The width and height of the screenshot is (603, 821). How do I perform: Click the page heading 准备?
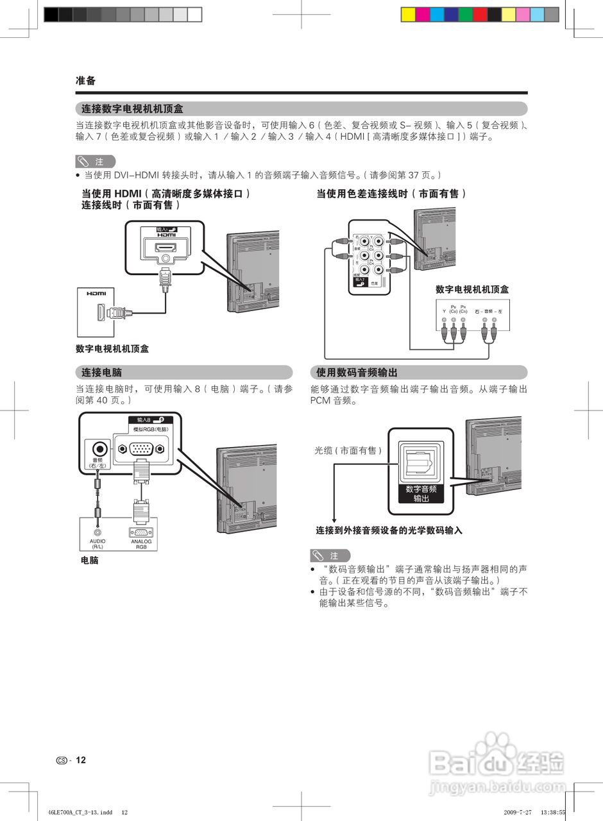85,81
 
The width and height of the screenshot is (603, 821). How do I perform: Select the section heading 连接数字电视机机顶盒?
133,109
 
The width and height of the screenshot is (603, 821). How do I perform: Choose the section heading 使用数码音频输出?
357,372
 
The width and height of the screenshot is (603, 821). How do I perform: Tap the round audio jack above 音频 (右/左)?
98,449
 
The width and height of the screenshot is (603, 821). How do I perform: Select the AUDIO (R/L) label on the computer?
98,543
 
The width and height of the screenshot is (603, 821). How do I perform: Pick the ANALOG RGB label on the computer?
141,544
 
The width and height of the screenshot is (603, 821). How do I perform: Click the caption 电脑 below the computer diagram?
89,561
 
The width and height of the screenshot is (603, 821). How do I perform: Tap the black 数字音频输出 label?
421,493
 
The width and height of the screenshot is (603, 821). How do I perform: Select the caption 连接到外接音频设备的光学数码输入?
389,530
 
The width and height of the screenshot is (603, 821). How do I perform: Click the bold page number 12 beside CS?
81,760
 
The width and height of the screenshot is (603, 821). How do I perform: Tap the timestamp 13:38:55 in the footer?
553,812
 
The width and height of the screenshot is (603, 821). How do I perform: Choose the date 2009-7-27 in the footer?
518,812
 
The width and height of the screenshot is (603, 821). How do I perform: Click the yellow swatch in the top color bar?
408,15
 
